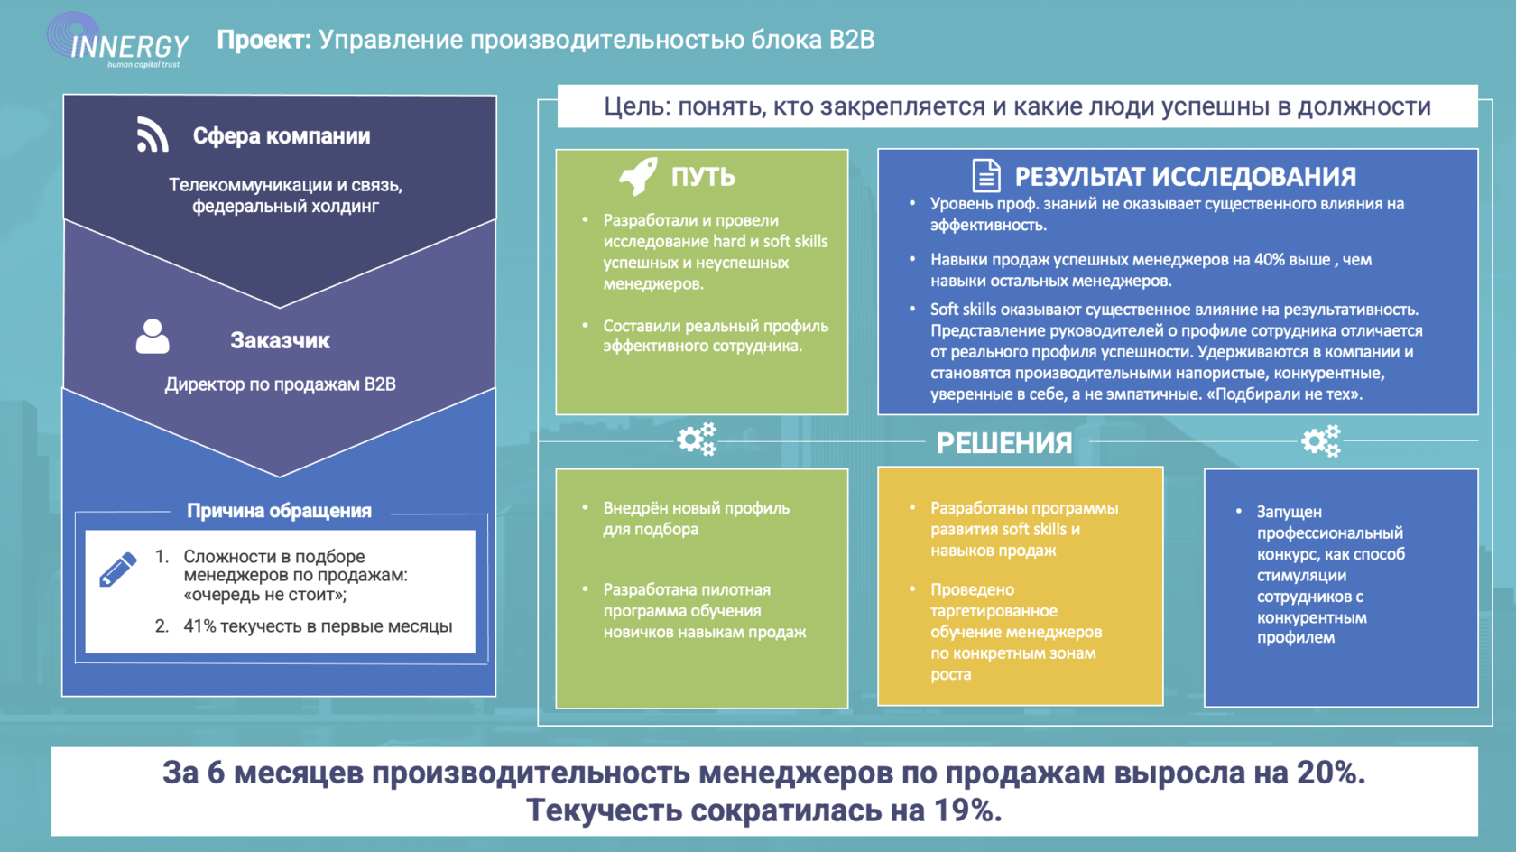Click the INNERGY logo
coord(117,42)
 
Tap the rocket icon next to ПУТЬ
coord(638,175)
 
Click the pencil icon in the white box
coord(118,570)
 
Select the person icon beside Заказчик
coord(153,337)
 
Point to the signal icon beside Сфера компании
coord(153,134)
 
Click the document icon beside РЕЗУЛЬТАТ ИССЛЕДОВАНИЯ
coord(986,175)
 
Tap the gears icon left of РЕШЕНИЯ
coord(697,440)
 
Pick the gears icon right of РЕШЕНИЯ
coord(1321,441)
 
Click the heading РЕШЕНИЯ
coord(1004,443)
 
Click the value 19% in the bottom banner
coord(966,810)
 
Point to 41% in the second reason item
coord(199,626)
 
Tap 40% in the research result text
coord(1269,260)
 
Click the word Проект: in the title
coord(263,40)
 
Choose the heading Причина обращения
coord(279,511)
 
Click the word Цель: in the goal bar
coord(637,106)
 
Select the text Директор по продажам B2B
coord(280,384)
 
